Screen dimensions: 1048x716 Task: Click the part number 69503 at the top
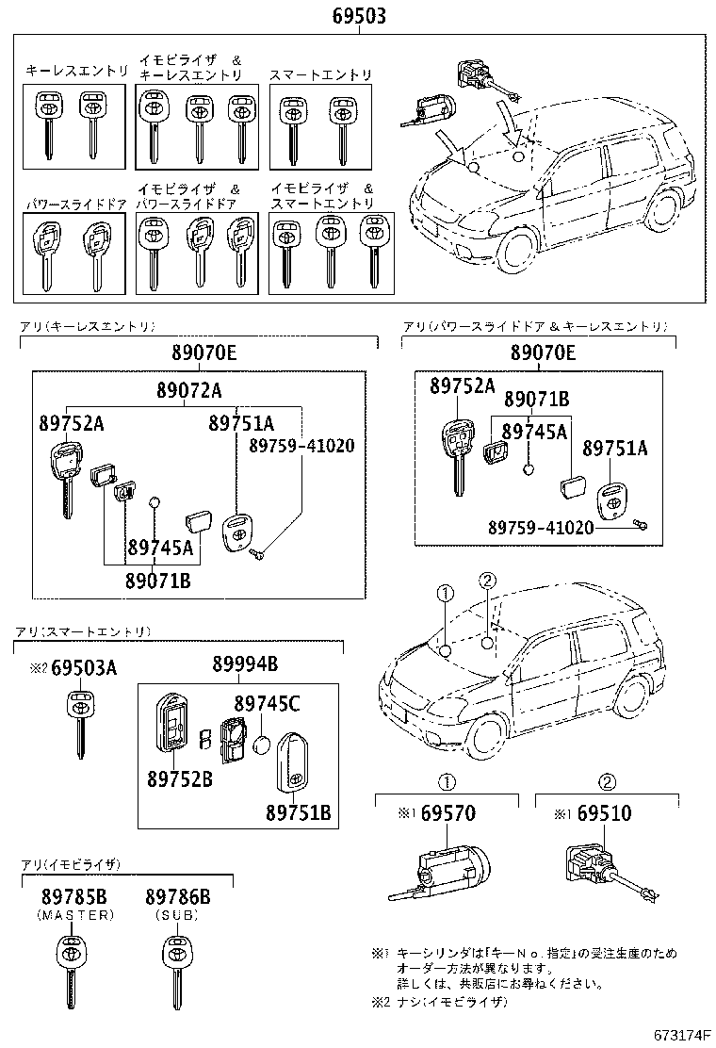359,17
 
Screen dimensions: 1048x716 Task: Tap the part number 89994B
245,665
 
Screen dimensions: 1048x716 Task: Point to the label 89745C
267,703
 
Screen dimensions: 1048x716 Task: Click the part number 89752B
179,778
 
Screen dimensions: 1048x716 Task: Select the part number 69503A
84,668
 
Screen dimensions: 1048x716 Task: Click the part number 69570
447,813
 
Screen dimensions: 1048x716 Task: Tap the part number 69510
605,813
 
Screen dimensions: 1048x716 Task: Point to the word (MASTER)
75,915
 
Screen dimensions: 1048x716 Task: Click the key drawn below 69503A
79,721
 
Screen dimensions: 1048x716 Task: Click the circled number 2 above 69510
608,781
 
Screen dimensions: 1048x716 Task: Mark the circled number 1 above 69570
448,781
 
